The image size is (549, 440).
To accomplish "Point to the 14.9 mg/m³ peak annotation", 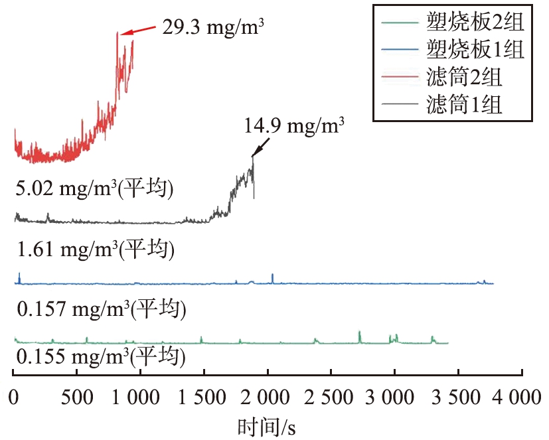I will pyautogui.click(x=295, y=126).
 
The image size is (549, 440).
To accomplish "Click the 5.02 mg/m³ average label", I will pyautogui.click(x=94, y=189).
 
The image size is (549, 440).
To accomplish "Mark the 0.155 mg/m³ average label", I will pyautogui.click(x=100, y=358).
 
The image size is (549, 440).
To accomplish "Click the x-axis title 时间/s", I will pyautogui.click(x=268, y=427).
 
